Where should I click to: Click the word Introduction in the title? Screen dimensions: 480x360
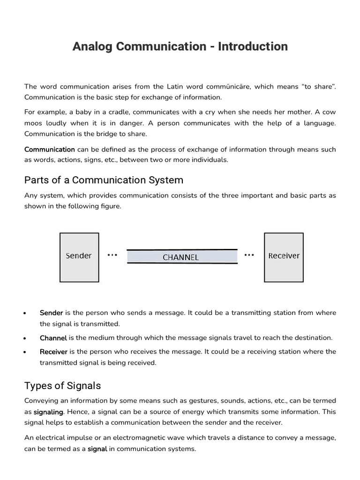click(x=253, y=46)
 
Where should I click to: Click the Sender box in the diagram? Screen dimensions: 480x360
click(x=79, y=257)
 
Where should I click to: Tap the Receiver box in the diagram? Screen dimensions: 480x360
click(x=284, y=257)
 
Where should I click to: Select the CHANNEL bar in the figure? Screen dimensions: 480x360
click(x=181, y=257)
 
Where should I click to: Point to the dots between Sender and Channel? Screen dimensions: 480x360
click(x=112, y=255)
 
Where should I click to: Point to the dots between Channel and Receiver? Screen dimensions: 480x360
click(x=249, y=255)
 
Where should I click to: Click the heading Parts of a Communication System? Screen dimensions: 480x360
click(x=104, y=180)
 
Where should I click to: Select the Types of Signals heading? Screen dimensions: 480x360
click(x=62, y=386)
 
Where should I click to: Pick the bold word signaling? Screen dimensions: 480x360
click(x=48, y=412)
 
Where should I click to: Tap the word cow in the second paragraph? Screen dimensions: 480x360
click(x=330, y=112)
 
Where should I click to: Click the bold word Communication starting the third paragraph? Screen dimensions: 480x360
click(x=49, y=150)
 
